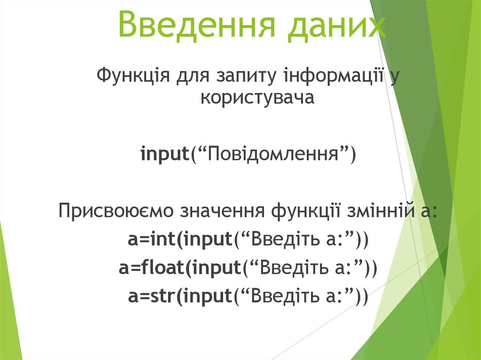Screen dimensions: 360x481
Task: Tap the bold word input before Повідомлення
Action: (164, 154)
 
